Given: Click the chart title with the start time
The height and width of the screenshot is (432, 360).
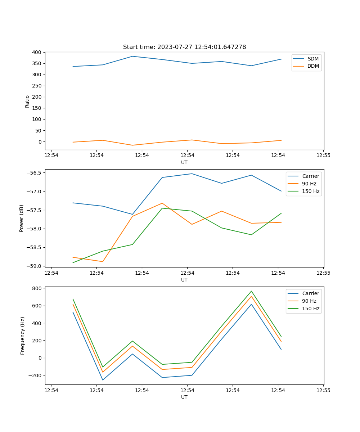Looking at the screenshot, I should pos(184,47).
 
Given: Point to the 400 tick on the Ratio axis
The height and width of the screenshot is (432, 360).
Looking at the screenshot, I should pos(37,52).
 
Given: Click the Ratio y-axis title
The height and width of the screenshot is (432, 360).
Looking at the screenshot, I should pos(27,101).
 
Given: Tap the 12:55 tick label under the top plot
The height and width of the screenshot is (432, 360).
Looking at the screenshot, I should pos(323,156).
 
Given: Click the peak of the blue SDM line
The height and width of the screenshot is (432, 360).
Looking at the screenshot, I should pos(132,56).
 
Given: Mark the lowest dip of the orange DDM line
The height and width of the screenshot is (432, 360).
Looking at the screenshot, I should pos(132,145).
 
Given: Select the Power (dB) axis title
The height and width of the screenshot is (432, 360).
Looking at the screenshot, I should pos(22,218).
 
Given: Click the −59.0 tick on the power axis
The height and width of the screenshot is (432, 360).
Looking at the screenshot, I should pos(35,266).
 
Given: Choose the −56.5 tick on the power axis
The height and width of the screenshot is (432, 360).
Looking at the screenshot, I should pos(35,172).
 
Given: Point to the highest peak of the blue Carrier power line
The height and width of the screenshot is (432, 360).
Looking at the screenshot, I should pos(192,174).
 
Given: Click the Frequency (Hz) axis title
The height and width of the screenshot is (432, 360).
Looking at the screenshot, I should pos(23,336).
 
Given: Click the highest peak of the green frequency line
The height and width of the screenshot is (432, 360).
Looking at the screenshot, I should pos(251,291).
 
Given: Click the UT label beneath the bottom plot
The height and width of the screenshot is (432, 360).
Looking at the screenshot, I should pos(184,397).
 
